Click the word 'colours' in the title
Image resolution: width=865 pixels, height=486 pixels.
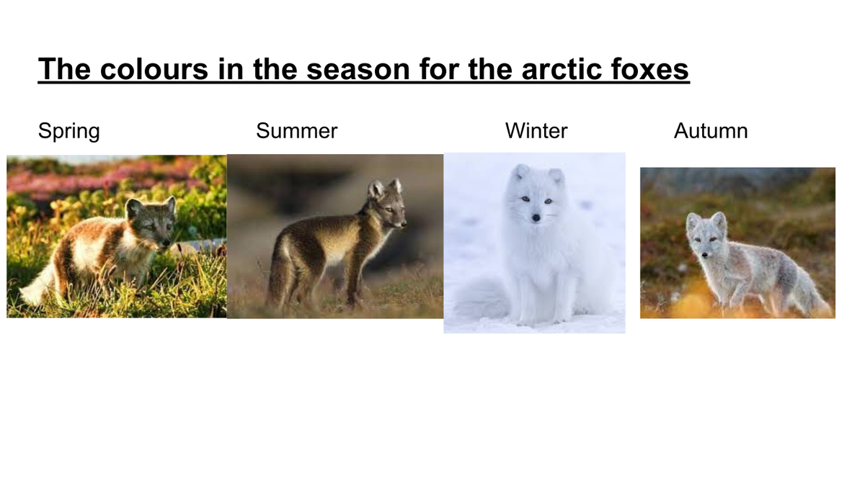point(154,69)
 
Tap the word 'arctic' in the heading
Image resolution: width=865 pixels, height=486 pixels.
point(562,69)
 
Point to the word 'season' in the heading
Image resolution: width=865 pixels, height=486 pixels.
point(358,69)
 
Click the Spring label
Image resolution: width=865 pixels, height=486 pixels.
point(68,131)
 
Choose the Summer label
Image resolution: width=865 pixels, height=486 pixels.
point(296,130)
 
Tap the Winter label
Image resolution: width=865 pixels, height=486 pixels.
point(536,130)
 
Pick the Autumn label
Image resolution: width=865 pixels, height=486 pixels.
point(711,130)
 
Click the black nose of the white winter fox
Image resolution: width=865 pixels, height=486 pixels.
point(536,218)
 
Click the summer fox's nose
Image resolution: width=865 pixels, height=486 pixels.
point(404,222)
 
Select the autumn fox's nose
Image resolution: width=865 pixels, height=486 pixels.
point(705,255)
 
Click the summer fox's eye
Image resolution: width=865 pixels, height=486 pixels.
point(389,210)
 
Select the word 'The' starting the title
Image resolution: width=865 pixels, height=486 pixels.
point(64,69)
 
